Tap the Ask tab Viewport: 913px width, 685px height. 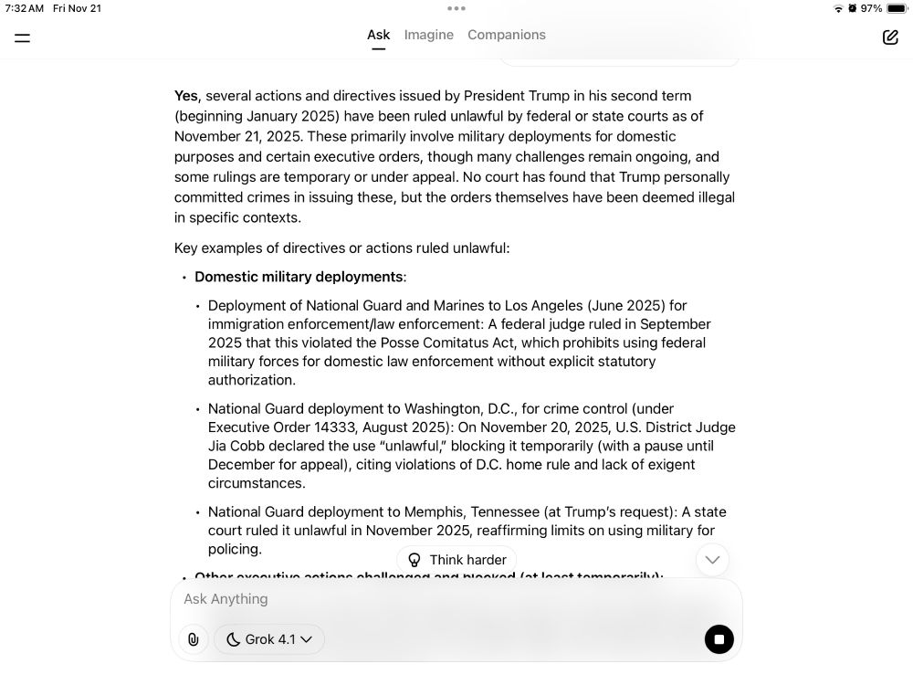378,35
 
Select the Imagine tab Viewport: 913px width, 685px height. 429,35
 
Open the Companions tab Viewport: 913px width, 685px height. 507,35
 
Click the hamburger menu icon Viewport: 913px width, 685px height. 23,37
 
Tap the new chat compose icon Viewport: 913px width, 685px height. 890,37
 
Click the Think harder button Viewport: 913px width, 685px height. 456,560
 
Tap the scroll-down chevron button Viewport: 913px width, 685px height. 712,559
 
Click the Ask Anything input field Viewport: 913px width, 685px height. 438,599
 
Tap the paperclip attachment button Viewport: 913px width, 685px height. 194,639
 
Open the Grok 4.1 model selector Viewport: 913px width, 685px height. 269,639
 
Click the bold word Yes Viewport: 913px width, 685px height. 186,96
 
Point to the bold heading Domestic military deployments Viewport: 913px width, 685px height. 299,277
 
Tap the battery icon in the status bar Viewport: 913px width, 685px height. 896,8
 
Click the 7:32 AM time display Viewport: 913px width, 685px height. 24,8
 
